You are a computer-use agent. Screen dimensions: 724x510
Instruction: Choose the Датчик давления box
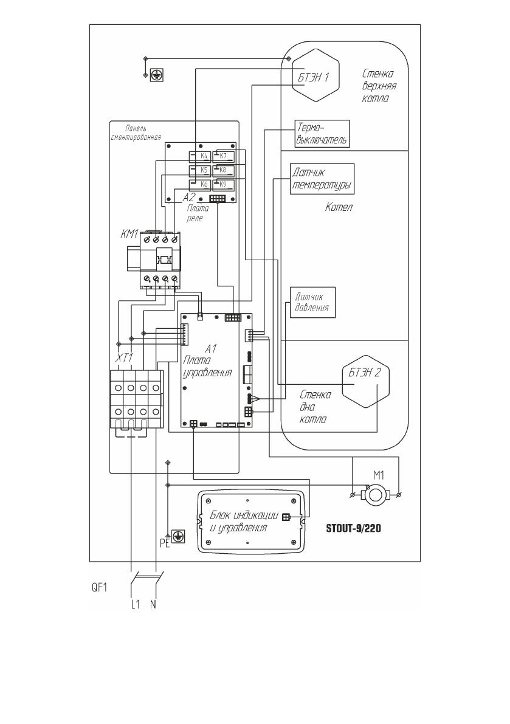[x=312, y=302]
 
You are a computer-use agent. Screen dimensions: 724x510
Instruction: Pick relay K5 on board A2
[x=199, y=170]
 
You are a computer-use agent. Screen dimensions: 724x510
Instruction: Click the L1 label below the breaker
[x=136, y=606]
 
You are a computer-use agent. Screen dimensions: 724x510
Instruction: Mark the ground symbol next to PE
[x=178, y=536]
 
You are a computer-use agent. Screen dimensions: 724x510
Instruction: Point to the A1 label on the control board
[x=210, y=349]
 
